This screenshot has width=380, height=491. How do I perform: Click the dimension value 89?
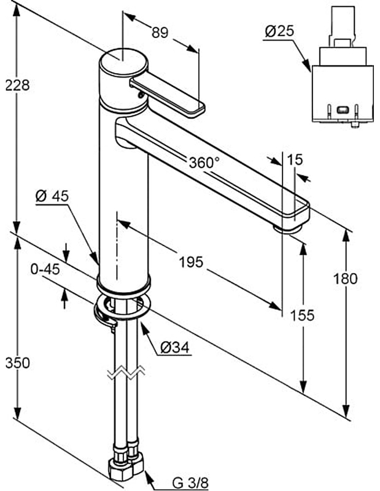coord(160,34)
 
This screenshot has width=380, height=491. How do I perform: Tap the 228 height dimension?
coord(17,85)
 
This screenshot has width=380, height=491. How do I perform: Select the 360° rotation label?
coord(204,163)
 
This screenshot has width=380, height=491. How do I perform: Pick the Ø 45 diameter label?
coord(52,196)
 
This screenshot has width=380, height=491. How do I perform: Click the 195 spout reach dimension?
coord(191,262)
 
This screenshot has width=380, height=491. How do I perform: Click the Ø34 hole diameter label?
coord(175,348)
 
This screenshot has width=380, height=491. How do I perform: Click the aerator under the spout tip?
coord(289,228)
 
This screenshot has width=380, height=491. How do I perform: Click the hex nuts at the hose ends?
coord(125,470)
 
